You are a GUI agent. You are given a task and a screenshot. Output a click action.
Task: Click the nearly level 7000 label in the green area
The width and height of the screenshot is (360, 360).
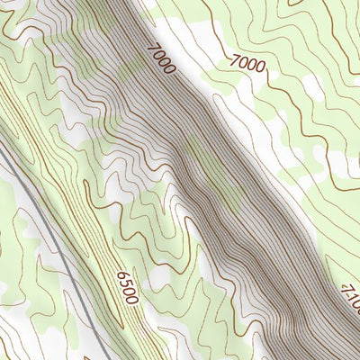coord(247,63)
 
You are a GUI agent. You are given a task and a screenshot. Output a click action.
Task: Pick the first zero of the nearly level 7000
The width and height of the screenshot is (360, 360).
coord(243,62)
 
